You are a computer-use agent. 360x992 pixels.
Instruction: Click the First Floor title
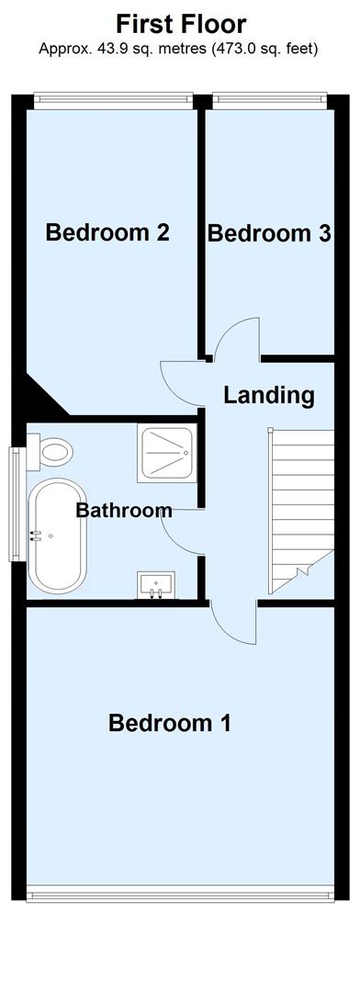[x=180, y=24]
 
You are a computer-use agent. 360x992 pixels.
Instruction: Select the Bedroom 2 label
[x=107, y=232]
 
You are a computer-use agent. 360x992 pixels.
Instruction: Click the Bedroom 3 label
[x=269, y=233]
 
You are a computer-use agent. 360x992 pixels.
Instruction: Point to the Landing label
[x=269, y=395]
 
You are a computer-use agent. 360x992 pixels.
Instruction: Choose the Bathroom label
[x=124, y=510]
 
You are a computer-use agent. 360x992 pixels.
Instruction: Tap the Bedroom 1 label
[x=170, y=722]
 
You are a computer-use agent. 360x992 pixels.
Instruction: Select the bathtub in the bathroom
[x=58, y=535]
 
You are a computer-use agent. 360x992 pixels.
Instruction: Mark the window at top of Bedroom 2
[x=113, y=98]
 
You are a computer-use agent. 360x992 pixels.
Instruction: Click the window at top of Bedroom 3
[x=270, y=98]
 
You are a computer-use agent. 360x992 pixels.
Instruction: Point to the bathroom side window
[x=16, y=504]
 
